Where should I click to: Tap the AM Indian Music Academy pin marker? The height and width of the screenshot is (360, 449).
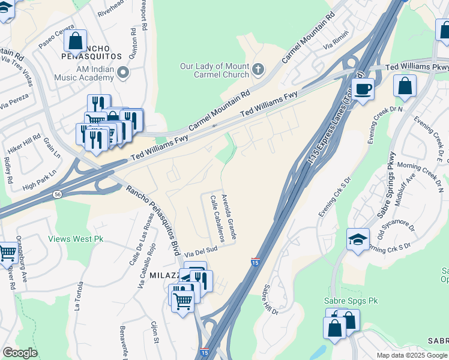[124, 73]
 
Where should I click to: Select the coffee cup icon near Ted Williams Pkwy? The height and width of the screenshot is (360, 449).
[363, 90]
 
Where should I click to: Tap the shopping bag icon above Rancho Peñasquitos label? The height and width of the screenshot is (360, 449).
[76, 41]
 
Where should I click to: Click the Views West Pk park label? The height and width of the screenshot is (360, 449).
[76, 239]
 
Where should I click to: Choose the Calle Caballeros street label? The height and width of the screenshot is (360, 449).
[217, 220]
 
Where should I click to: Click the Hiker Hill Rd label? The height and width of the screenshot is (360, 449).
[23, 143]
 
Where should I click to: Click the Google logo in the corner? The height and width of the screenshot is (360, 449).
[20, 353]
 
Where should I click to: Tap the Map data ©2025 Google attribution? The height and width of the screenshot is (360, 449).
[411, 355]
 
